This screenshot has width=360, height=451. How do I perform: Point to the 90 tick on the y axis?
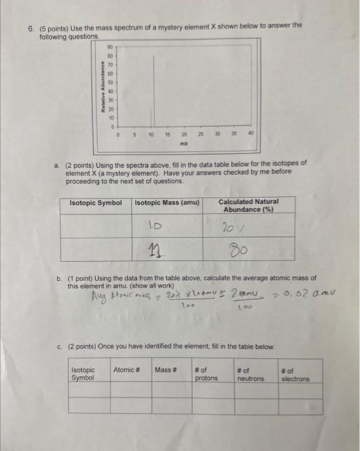pos(109,48)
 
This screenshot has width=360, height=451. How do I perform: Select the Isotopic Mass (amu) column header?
pos(167,203)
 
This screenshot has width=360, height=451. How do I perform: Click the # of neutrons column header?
pos(250,374)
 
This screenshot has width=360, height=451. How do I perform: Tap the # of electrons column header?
pos(295,374)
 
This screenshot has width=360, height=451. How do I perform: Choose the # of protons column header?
pos(206,374)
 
